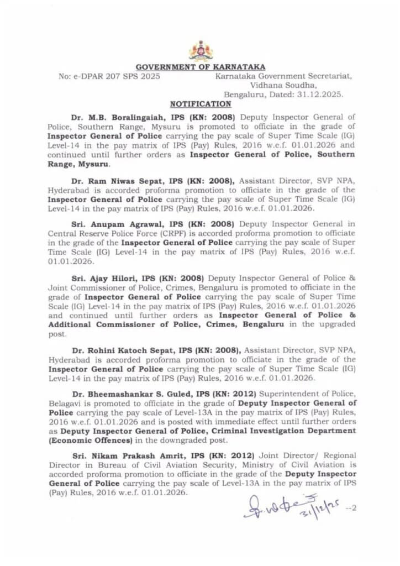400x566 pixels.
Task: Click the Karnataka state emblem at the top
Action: (x=200, y=50)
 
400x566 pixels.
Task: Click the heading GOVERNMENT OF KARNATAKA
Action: (x=200, y=67)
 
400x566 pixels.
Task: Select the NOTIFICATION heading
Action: (x=200, y=104)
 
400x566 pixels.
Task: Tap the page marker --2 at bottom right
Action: (x=350, y=507)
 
